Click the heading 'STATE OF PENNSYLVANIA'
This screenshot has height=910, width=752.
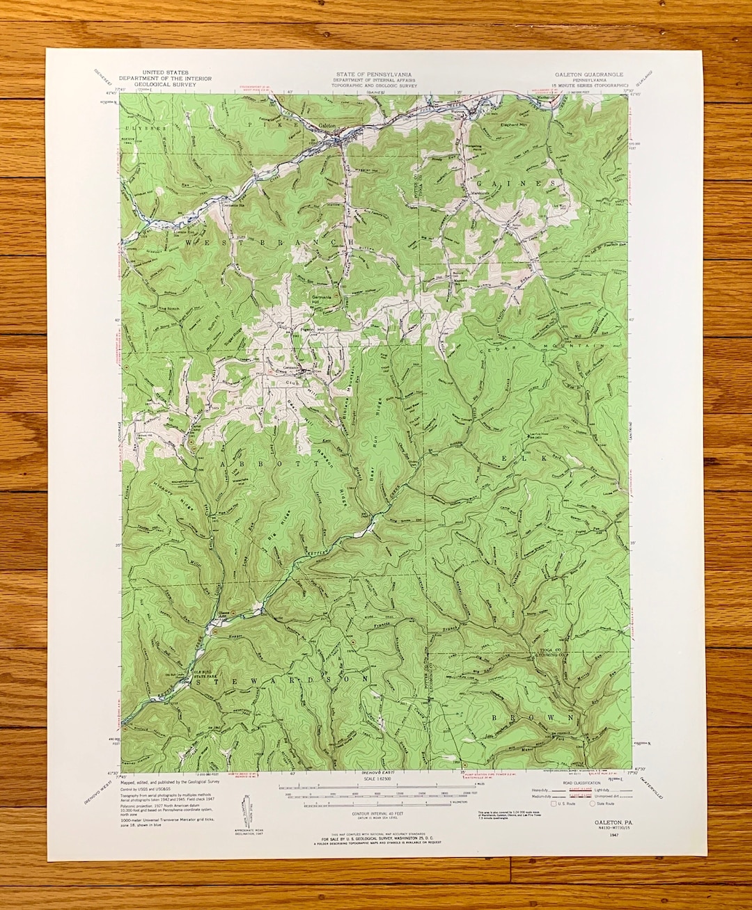(373, 74)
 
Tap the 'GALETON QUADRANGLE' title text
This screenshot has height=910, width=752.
(588, 74)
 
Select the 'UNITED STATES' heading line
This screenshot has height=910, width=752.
(165, 72)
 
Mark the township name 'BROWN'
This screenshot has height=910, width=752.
(533, 717)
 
